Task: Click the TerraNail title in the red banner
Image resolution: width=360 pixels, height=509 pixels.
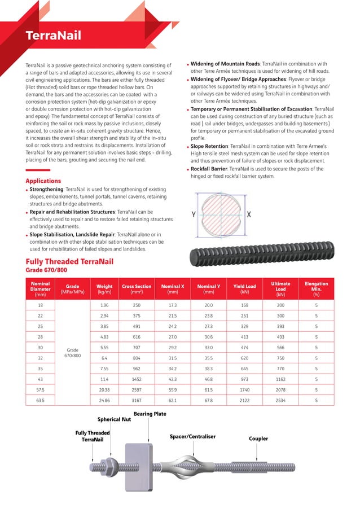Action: pyautogui.click(x=54, y=36)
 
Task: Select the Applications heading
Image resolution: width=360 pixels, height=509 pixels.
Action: pyautogui.click(x=43, y=181)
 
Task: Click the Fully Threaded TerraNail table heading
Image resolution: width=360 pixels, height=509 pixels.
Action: pyautogui.click(x=69, y=261)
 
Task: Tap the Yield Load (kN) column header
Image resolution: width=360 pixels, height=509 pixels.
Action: pyautogui.click(x=244, y=289)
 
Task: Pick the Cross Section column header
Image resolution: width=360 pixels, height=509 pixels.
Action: pyautogui.click(x=137, y=289)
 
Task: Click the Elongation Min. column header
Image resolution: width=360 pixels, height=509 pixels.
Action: pyautogui.click(x=316, y=289)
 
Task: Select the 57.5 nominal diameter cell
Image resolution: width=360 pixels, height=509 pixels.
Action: pyautogui.click(x=40, y=389)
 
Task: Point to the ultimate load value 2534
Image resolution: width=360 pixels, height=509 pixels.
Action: pyautogui.click(x=280, y=400)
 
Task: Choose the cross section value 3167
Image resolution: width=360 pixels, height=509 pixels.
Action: pyautogui.click(x=137, y=400)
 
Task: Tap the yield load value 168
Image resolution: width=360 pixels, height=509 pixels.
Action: pyautogui.click(x=244, y=304)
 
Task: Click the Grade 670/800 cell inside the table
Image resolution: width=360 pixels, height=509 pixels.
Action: pyautogui.click(x=72, y=353)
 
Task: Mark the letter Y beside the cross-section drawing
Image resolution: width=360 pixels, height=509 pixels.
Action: pyautogui.click(x=194, y=214)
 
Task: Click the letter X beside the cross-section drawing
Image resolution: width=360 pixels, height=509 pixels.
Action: pyautogui.click(x=249, y=214)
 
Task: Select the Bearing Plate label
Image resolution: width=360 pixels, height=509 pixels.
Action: pyautogui.click(x=150, y=414)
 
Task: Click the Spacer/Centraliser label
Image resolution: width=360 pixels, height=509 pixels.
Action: pyautogui.click(x=192, y=436)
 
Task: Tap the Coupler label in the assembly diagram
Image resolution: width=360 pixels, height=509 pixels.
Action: pyautogui.click(x=258, y=438)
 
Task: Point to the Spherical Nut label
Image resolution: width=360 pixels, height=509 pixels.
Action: pyautogui.click(x=114, y=419)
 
